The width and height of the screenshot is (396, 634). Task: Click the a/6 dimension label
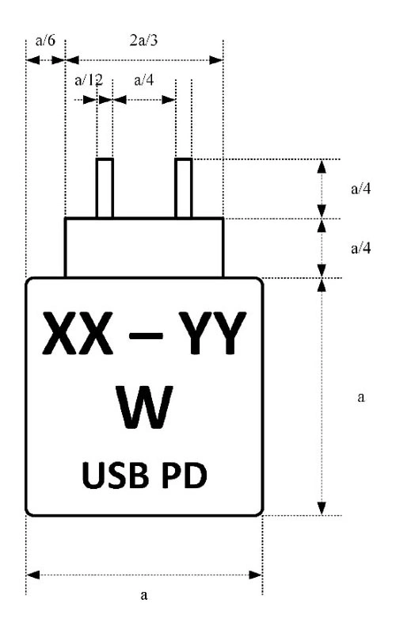click(x=45, y=40)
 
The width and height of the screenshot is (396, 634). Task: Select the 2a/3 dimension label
click(x=143, y=40)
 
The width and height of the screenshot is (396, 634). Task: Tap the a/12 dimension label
click(x=89, y=80)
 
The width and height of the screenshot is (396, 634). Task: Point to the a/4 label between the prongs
click(x=144, y=80)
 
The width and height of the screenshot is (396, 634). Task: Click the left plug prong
click(x=105, y=188)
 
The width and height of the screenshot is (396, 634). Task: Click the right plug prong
click(x=184, y=188)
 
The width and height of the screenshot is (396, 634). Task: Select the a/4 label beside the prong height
click(x=361, y=189)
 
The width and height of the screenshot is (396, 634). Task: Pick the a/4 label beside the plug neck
click(x=361, y=248)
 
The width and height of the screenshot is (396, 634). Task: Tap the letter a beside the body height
click(x=361, y=397)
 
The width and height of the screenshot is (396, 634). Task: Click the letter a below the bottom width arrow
click(x=144, y=595)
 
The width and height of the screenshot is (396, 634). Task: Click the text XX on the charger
click(x=78, y=333)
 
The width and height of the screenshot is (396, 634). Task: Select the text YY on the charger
click(x=212, y=333)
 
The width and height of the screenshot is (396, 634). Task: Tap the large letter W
click(x=144, y=407)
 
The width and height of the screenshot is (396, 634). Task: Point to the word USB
click(x=115, y=475)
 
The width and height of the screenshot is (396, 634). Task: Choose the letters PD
click(x=185, y=475)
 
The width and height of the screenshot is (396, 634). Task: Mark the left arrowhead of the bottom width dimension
click(x=32, y=575)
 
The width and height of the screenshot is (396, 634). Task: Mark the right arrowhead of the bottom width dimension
click(x=256, y=575)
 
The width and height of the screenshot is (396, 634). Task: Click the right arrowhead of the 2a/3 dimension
click(x=216, y=60)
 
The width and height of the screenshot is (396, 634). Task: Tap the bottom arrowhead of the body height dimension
click(x=322, y=508)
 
